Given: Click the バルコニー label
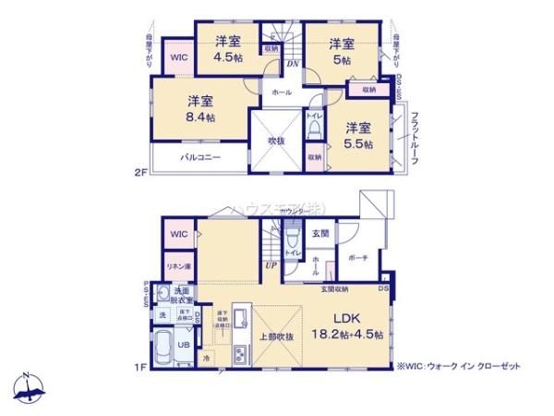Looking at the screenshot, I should click(x=200, y=158).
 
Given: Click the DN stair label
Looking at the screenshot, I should click(x=291, y=65).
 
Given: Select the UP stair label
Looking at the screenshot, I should click(x=271, y=266).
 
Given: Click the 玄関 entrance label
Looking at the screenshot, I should click(x=319, y=233).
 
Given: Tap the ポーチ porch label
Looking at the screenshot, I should click(x=360, y=259).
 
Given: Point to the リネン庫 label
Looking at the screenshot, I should click(x=178, y=266).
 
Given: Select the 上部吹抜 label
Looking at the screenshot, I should click(x=276, y=336).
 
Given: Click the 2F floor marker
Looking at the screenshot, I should click(x=141, y=173).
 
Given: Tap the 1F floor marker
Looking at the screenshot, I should click(x=140, y=370).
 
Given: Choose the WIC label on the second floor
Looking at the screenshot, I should click(x=179, y=56).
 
